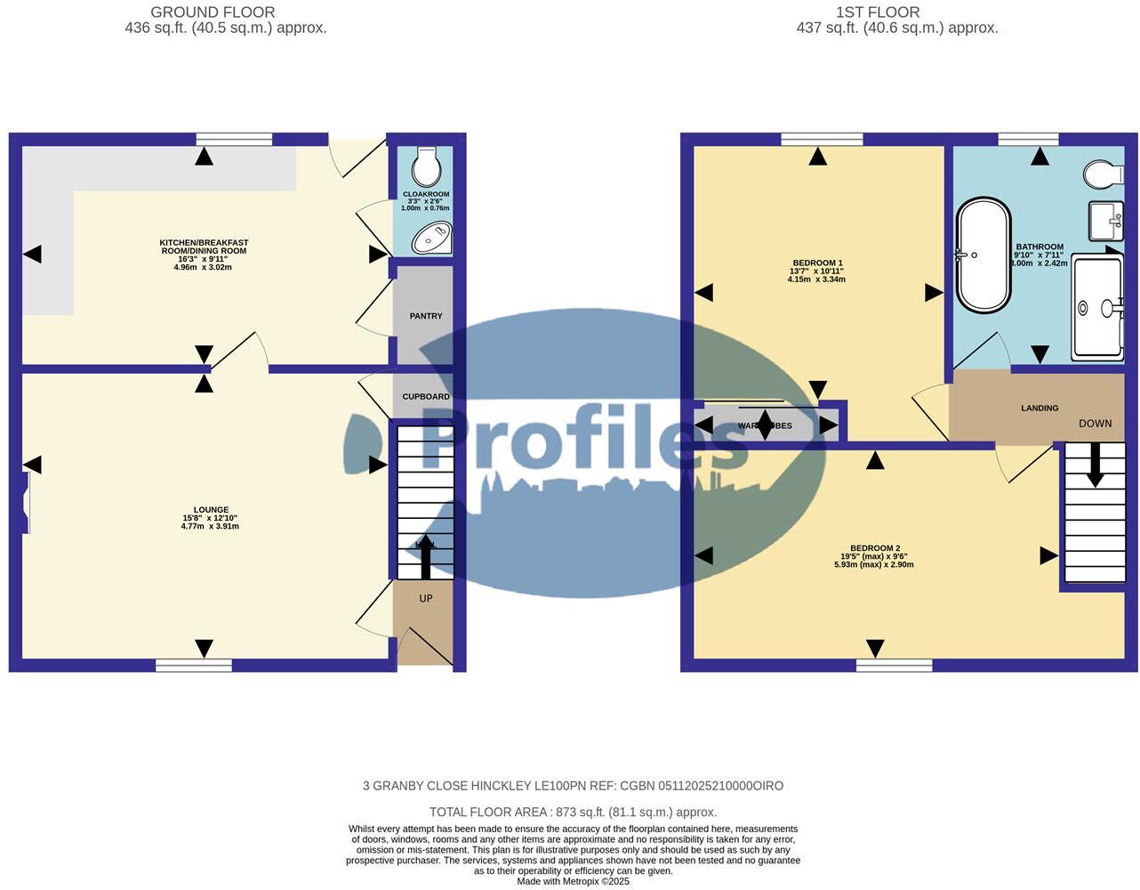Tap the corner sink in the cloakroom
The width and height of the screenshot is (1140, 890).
pos(433,238)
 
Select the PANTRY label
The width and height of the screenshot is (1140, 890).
pos(426,316)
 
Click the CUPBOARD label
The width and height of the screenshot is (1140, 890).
pos(426,397)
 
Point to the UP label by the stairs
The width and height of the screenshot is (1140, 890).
pos(426,598)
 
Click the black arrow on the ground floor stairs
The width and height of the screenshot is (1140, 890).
pos(425,556)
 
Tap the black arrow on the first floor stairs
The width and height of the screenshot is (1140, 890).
pos(1095,464)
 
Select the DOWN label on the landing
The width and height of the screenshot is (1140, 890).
pos(1095,424)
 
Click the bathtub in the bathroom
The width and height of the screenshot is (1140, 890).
pos(983,255)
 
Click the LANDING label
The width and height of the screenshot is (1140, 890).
pos(1040,409)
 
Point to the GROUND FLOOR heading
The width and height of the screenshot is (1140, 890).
pos(213,12)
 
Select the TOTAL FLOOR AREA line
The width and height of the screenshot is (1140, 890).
pos(573,812)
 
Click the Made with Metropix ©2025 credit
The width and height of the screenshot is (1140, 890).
pos(573,881)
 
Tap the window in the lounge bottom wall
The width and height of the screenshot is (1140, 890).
pos(194,665)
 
